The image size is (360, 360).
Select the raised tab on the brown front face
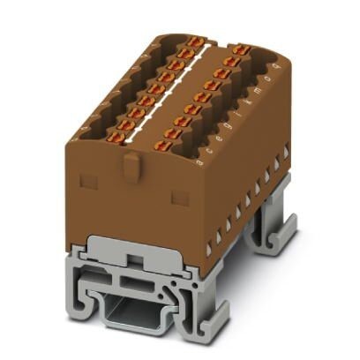(x=131, y=165)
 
